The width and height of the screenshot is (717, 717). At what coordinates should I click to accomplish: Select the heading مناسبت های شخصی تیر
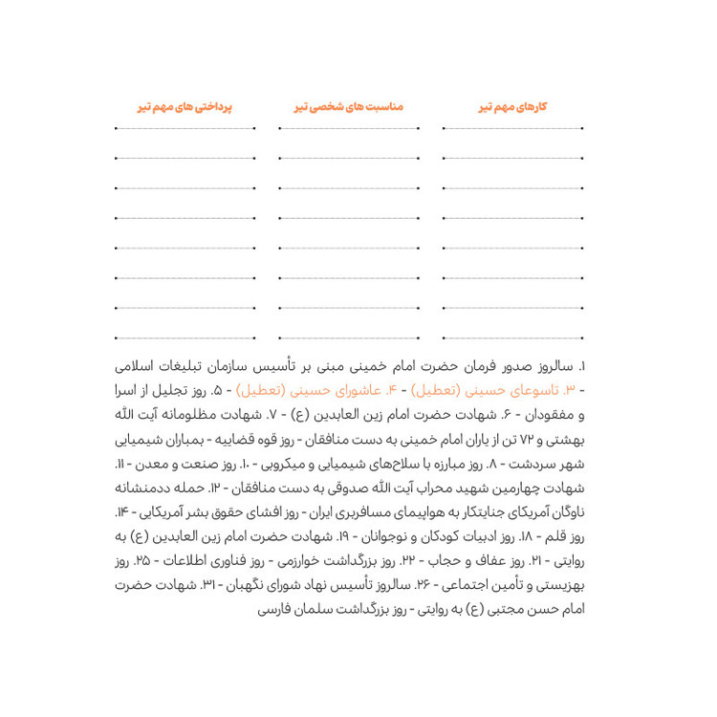pyautogui.click(x=342, y=107)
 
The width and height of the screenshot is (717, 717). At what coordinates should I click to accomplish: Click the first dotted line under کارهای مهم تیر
pyautogui.click(x=515, y=127)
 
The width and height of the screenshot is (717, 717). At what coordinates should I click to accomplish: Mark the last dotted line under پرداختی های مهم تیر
pyautogui.click(x=185, y=337)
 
